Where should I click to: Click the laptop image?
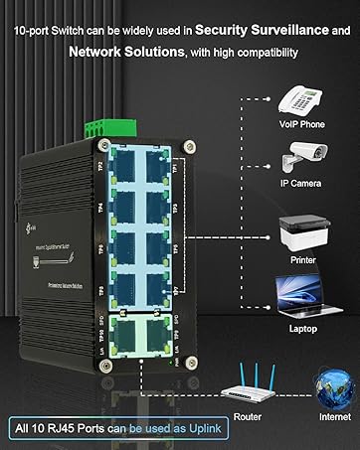(x=302, y=294)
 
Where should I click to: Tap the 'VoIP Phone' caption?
(x=302, y=126)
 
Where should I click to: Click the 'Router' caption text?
(x=247, y=417)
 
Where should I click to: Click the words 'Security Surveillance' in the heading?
(x=266, y=31)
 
